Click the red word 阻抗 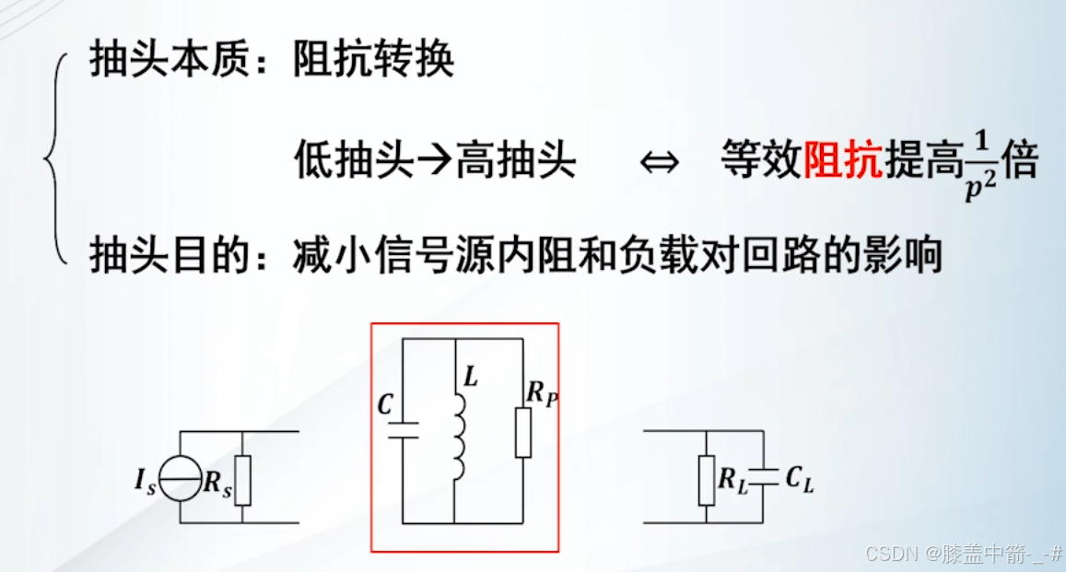coord(842,163)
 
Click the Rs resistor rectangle coord(242,480)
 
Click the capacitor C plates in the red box coord(404,429)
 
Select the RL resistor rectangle coord(707,480)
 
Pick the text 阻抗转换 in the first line coord(373,62)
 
